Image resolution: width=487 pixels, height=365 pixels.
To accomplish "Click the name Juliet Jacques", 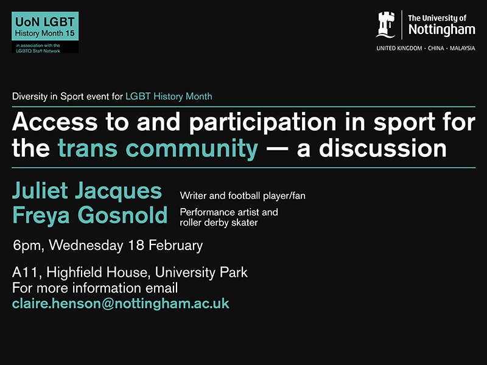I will point(87,191).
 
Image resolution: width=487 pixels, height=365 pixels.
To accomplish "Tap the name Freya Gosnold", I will point(89,215).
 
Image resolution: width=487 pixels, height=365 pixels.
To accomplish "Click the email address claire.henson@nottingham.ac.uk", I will point(121,302).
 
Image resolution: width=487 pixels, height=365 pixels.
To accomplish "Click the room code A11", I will point(25,272).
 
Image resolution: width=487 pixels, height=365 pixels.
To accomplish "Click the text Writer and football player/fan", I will point(247,195).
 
